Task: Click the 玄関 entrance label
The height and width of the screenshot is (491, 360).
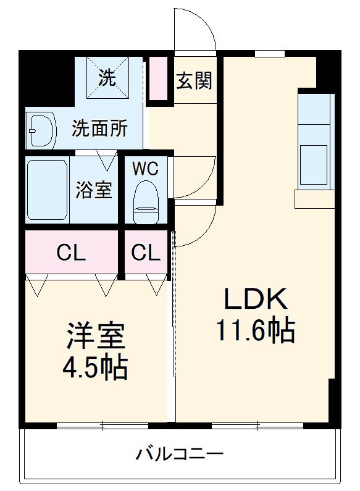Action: click(x=195, y=80)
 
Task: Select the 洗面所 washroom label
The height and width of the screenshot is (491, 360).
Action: click(x=100, y=128)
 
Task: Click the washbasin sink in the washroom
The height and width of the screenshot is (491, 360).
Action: click(x=41, y=130)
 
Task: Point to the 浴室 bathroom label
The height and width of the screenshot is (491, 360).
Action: click(x=94, y=190)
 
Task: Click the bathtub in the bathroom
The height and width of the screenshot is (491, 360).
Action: click(x=47, y=190)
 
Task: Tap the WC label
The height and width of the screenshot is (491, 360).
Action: click(x=146, y=168)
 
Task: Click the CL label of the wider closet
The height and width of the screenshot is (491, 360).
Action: click(x=71, y=253)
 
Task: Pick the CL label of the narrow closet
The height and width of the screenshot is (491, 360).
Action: click(x=146, y=253)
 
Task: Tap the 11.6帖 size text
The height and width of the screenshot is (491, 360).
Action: click(x=255, y=332)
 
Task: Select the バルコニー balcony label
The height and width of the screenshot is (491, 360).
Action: click(x=180, y=456)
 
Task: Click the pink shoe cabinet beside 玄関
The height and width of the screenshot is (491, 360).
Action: click(x=159, y=78)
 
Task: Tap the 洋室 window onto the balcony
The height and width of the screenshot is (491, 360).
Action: click(x=103, y=425)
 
